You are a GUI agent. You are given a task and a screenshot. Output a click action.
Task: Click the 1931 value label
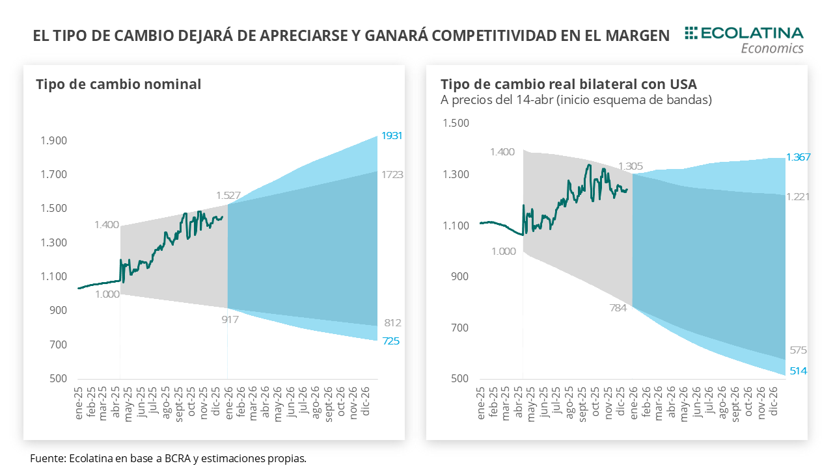point(392,136)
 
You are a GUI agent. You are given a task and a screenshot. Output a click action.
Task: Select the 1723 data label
point(392,174)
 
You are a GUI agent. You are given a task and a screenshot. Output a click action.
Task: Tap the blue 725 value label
point(390,341)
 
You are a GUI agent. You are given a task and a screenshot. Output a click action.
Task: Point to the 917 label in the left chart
point(230,319)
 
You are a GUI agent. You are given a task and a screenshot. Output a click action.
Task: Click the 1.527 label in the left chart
point(229,195)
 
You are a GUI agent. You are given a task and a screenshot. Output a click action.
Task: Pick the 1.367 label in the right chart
point(798,157)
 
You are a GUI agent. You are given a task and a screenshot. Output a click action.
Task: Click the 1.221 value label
point(798,196)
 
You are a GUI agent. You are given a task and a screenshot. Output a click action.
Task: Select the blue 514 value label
point(797,370)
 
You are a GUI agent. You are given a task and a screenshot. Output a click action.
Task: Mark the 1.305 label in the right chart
point(631,166)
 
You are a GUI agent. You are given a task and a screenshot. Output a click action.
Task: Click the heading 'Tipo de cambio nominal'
point(118,84)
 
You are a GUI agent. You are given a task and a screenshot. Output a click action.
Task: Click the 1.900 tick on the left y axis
point(54,141)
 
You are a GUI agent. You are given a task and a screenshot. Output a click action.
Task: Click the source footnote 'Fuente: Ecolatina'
point(168,458)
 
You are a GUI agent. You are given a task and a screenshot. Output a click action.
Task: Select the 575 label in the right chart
point(798,350)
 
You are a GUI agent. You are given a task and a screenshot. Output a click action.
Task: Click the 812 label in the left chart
point(392,323)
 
